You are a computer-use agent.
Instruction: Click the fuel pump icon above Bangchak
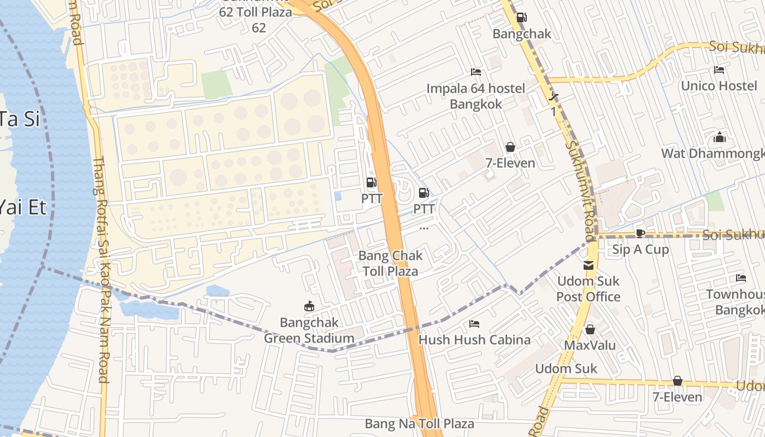[x=521, y=17]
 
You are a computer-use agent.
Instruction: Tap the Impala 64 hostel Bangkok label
[x=475, y=96]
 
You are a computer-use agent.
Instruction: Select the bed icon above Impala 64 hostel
[x=475, y=72]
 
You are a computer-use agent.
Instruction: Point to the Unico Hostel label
[x=719, y=86]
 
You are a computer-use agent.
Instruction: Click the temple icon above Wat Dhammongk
[x=720, y=137]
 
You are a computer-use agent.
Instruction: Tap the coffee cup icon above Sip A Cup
[x=640, y=234]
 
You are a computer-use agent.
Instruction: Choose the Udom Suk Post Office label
[x=589, y=289]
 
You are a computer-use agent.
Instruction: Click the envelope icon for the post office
[x=589, y=265]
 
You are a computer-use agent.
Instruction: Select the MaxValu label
[x=590, y=345]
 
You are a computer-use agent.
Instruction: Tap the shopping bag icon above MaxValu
[x=590, y=329]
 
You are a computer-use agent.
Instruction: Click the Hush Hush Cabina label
[x=474, y=340]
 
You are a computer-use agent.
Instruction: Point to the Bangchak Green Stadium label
[x=309, y=330]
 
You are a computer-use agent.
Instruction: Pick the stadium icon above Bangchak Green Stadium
[x=309, y=306]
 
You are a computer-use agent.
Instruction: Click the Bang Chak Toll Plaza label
[x=390, y=263]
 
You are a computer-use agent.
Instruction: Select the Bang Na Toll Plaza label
[x=420, y=424]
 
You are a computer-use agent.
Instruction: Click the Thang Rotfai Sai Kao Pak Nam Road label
[x=102, y=270]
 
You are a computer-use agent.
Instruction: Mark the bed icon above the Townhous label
[x=741, y=278]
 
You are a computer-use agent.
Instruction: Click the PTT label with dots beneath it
[x=423, y=209]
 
